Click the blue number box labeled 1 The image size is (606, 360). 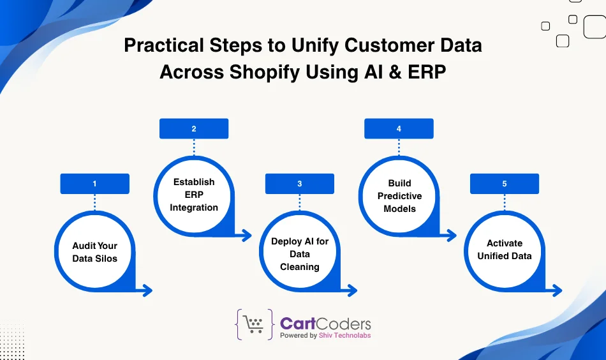click(x=94, y=184)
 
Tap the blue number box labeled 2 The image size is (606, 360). click(x=194, y=129)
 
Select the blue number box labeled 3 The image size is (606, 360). click(x=299, y=184)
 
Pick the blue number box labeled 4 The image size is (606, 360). click(x=399, y=129)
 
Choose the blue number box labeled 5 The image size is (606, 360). click(x=504, y=184)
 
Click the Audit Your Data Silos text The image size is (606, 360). click(x=94, y=252)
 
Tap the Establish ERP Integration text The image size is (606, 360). click(x=194, y=195)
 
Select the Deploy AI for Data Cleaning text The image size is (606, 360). click(x=299, y=254)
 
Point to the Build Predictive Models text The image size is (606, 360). click(x=399, y=196)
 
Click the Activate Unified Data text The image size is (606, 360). click(x=504, y=250)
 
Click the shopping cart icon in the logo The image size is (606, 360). click(x=255, y=325)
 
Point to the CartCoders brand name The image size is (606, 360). click(x=325, y=323)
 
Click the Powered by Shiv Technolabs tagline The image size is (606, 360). click(x=325, y=336)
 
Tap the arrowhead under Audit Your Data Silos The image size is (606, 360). click(x=147, y=291)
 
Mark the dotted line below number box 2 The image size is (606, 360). click(x=194, y=147)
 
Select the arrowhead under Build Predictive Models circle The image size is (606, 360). click(x=452, y=236)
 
